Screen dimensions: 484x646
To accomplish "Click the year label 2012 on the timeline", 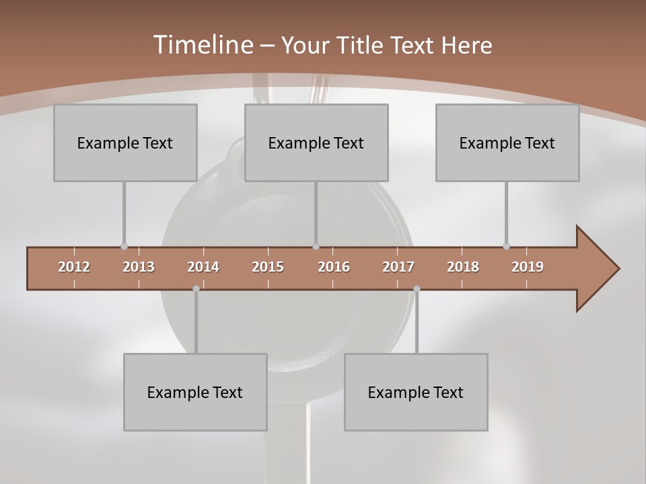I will (74, 267).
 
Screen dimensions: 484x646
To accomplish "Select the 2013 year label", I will (139, 267).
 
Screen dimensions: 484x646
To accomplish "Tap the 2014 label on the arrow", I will (203, 267).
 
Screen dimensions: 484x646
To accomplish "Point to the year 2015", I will (268, 267).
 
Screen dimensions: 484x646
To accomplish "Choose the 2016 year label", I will (334, 267).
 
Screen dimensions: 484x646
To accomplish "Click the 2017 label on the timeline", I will (398, 267).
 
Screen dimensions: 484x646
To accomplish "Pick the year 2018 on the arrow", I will (463, 267).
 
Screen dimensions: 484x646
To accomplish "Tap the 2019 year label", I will (528, 267).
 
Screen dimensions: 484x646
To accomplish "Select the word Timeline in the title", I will (202, 45).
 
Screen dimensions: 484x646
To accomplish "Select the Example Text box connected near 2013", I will (125, 143).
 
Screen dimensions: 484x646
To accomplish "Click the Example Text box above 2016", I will (316, 143).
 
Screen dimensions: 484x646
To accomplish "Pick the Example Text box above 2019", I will (507, 143).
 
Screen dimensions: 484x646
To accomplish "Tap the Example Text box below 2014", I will (195, 392).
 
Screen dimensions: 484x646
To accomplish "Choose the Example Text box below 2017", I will (416, 392).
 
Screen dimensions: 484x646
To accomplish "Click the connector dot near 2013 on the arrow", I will (124, 247).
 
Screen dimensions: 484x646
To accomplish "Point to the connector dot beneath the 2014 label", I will (196, 289).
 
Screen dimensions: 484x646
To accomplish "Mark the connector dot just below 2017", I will (417, 289).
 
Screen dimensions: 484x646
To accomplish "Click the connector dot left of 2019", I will (506, 247).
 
